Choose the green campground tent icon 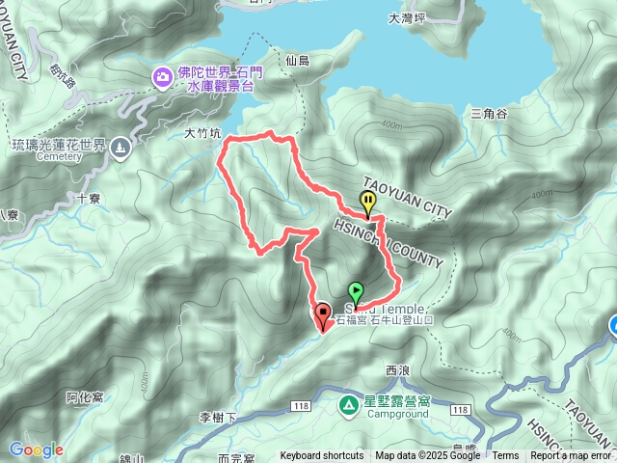tap(347, 403)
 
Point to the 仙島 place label tap(297, 60)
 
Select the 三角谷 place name tap(488, 114)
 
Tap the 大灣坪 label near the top tap(406, 17)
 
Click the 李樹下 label tap(218, 418)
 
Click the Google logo tap(37, 449)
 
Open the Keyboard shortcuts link tap(322, 456)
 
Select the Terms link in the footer tap(505, 456)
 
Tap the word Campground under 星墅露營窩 tap(395, 415)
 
